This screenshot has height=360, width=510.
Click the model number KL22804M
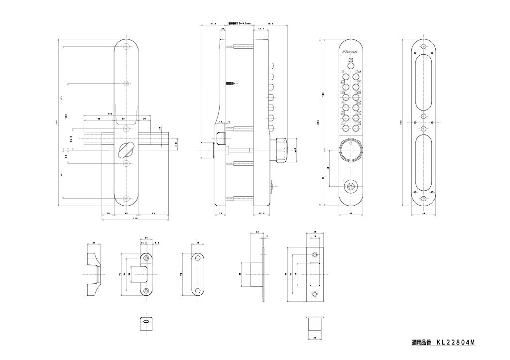(x=456, y=343)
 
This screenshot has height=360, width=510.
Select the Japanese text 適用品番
(x=421, y=343)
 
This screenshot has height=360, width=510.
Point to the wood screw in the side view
(x=231, y=83)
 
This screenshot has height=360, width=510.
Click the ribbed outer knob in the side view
(x=280, y=150)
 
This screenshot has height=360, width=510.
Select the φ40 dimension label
(x=296, y=150)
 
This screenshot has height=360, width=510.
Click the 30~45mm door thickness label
(x=240, y=23)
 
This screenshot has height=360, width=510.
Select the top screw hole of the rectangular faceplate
(x=314, y=255)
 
